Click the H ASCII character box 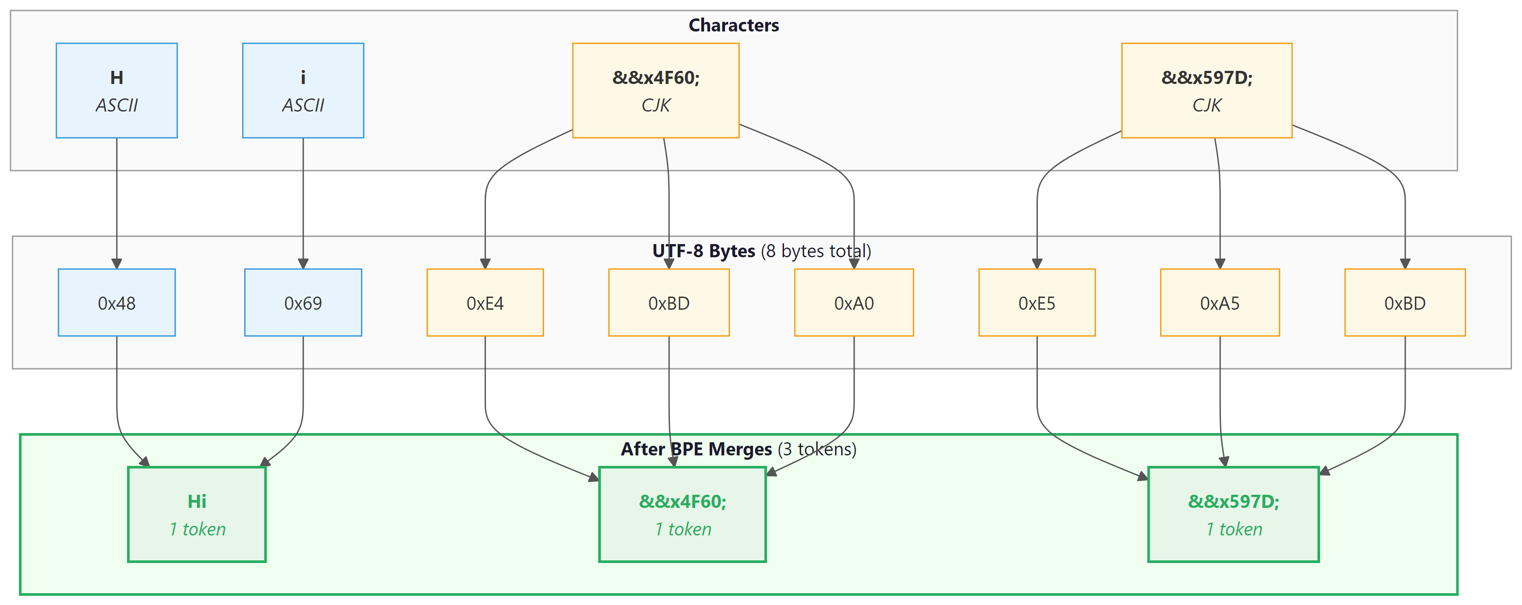116,91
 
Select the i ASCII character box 303,91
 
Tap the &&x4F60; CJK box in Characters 656,91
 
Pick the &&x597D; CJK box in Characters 1207,91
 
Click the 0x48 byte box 116,303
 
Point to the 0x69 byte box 303,303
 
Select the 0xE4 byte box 485,303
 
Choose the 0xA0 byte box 854,303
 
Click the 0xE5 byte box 1037,303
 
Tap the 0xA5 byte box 1220,303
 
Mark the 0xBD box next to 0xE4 669,303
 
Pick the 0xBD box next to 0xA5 1404,303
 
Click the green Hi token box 197,514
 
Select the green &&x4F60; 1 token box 683,514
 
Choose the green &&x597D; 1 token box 1233,514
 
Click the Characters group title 733,25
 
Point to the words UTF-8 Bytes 703,252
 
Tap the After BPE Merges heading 696,449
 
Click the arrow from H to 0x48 116,201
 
